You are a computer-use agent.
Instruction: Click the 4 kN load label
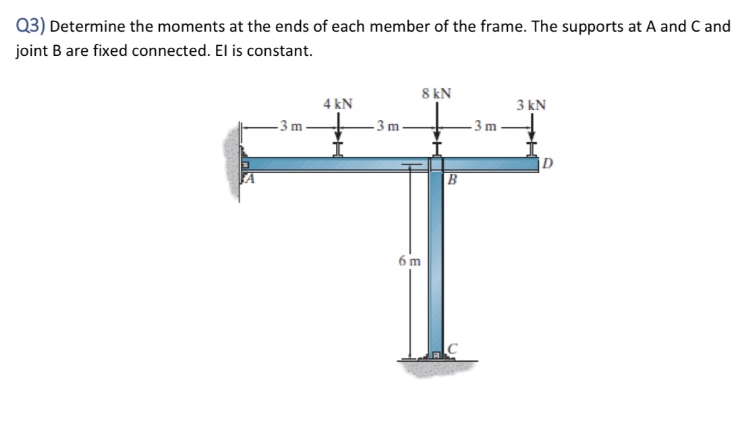(x=338, y=104)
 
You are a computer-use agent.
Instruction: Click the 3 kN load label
(x=531, y=105)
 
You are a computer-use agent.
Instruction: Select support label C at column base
(x=453, y=349)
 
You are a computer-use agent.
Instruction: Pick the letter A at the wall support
(x=250, y=179)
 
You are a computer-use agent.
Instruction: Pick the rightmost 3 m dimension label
(x=485, y=125)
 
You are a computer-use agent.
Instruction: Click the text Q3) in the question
(x=30, y=28)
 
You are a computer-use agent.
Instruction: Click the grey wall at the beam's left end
(x=233, y=162)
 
